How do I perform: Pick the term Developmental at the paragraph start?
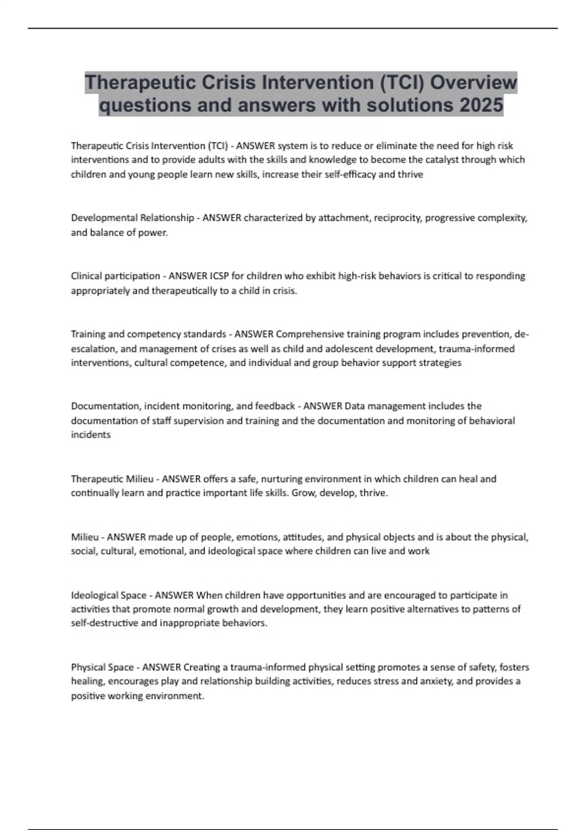point(104,218)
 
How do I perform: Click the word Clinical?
point(85,276)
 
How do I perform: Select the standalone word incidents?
point(91,435)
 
